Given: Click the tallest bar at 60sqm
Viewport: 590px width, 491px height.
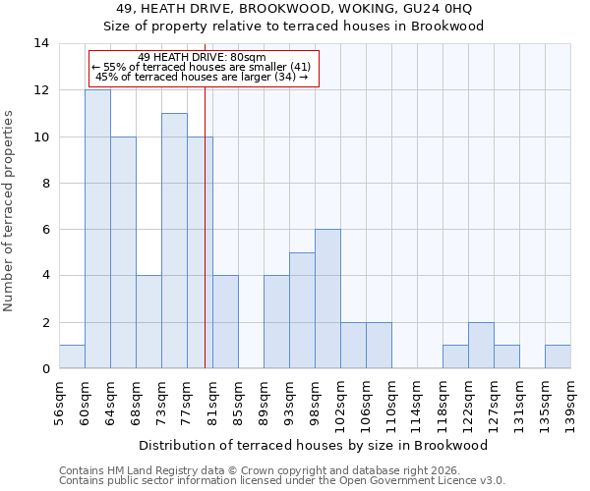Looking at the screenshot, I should (97, 229).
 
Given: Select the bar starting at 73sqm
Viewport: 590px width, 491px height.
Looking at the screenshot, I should (174, 241).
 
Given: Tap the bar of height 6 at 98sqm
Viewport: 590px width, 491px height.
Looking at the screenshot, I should (327, 299).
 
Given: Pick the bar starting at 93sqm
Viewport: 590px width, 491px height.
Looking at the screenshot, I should (302, 310).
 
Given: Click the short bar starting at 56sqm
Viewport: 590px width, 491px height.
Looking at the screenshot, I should (72, 356).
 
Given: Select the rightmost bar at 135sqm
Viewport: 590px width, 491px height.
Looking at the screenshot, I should (558, 356).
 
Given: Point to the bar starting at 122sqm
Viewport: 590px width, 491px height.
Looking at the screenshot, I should (481, 346).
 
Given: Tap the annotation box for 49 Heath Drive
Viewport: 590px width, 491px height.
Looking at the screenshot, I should (204, 68).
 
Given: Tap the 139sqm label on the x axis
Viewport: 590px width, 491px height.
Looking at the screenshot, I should (570, 403).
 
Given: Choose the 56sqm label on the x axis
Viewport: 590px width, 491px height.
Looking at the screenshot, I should (59, 403).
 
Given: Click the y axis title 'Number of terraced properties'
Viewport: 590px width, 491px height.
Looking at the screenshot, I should (10, 211).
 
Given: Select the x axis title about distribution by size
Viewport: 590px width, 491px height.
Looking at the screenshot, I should (313, 445).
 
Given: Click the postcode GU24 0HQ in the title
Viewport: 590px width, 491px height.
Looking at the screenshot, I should (444, 9).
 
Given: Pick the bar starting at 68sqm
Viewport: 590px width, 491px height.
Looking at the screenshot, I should (148, 322).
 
